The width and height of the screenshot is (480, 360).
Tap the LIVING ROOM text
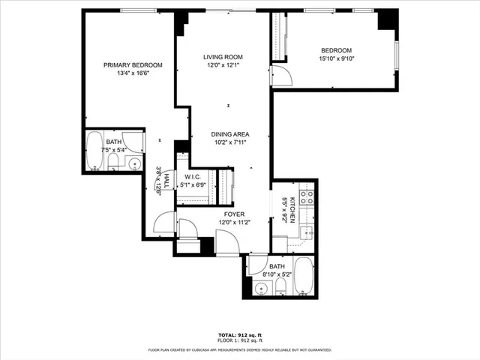(223, 57)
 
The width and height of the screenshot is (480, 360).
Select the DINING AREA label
(229, 133)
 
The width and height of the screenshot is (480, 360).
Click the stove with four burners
(307, 198)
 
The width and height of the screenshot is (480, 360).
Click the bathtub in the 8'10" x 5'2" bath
(304, 275)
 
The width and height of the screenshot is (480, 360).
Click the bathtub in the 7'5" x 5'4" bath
(94, 149)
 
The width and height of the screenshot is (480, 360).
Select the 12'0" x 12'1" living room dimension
(223, 65)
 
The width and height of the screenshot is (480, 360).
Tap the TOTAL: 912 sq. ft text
(239, 335)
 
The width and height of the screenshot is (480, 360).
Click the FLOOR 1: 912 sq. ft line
(239, 341)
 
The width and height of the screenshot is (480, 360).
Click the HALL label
(158, 180)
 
